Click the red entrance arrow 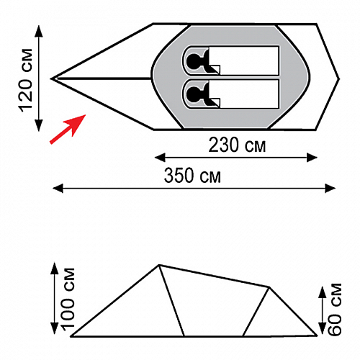[x=68, y=129]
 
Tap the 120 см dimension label [x=26, y=81]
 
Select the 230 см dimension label [x=237, y=145]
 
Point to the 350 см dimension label [x=192, y=176]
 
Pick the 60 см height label [x=334, y=309]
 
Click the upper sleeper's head [x=192, y=60]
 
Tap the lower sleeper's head [x=192, y=94]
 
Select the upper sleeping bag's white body [x=244, y=60]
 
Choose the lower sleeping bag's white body [x=244, y=94]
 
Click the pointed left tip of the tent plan [x=51, y=78]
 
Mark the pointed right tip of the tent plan [x=339, y=78]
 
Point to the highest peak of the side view [x=158, y=265]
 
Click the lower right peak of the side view [x=269, y=287]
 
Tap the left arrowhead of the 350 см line [x=58, y=188]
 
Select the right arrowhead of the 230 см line [x=312, y=158]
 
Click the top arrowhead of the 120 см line [x=39, y=31]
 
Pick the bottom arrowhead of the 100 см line [x=55, y=328]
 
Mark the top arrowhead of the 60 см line [x=323, y=292]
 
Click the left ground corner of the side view [x=71, y=336]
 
